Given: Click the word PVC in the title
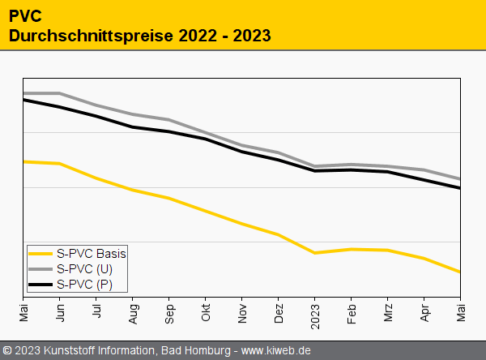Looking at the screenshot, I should [x=26, y=15].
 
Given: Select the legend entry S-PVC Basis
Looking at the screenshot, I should [x=92, y=253].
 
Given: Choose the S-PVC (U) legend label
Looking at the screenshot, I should [x=85, y=268].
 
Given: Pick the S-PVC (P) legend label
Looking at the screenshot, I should [x=85, y=284].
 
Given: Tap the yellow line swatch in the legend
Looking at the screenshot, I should [x=40, y=254].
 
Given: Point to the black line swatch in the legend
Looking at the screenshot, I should [x=40, y=285].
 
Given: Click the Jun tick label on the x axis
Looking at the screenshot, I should [x=60, y=311].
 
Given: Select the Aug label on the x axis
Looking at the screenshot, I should [x=133, y=311].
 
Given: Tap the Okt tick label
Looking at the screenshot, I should [x=206, y=311].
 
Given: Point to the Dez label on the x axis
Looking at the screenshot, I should [x=279, y=311].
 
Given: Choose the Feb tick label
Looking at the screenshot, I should [x=352, y=311].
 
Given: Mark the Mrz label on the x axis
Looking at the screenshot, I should [x=388, y=311].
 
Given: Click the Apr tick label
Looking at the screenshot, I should [x=424, y=311].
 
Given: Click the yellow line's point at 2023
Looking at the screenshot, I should [x=315, y=253].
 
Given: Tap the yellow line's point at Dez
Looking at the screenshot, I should [x=279, y=234].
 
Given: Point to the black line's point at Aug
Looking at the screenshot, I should [x=133, y=127].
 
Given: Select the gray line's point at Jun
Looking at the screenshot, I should [x=60, y=93].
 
